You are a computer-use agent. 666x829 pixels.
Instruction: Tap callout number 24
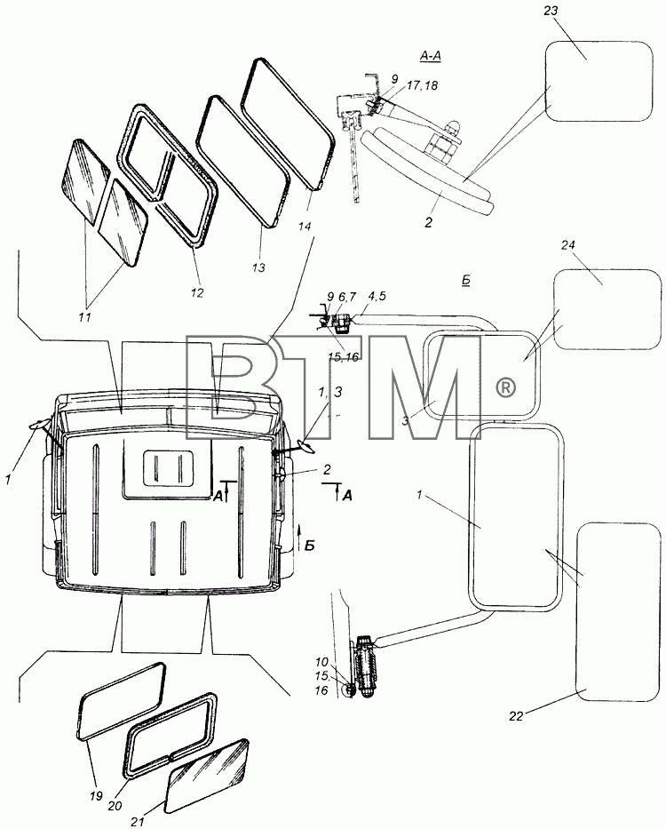pos(568,245)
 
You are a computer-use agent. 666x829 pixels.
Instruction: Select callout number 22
pos(516,716)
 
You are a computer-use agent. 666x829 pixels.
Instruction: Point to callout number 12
pos(196,292)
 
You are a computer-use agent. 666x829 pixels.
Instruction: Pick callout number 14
pos(304,227)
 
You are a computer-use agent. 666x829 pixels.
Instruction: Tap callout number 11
pos(84,317)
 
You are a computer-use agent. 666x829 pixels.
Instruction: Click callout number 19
pos(96,796)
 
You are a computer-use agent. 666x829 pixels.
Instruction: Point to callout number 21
pos(138,822)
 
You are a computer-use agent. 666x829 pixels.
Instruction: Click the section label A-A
pos(430,55)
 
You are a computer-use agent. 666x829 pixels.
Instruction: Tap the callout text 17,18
pos(423,85)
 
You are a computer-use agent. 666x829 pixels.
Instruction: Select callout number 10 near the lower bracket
pos(321,662)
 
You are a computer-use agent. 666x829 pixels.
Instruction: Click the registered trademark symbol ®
pos(506,388)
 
